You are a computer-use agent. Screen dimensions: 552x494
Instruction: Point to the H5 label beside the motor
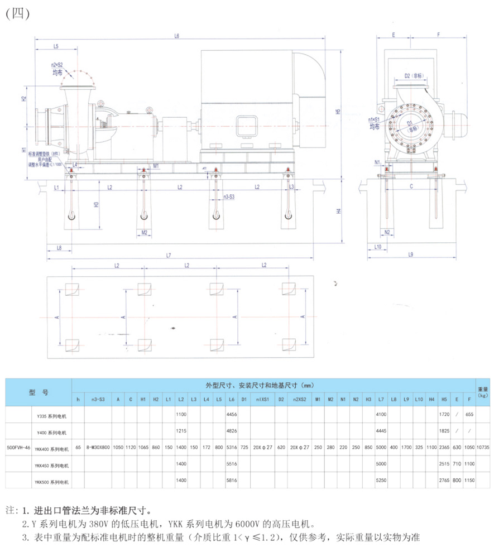(338, 112)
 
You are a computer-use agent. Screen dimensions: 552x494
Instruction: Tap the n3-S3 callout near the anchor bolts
(229, 197)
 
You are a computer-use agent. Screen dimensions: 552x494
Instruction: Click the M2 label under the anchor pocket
(144, 233)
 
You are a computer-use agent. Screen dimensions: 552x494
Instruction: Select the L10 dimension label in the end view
(377, 246)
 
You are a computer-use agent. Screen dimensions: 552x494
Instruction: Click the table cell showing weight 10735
(483, 448)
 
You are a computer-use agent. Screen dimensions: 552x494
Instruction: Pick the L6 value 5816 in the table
(231, 480)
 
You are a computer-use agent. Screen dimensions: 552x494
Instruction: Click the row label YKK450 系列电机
(49, 464)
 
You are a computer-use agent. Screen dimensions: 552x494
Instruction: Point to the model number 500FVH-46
(18, 448)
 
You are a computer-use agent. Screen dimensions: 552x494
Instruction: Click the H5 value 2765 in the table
(444, 480)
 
